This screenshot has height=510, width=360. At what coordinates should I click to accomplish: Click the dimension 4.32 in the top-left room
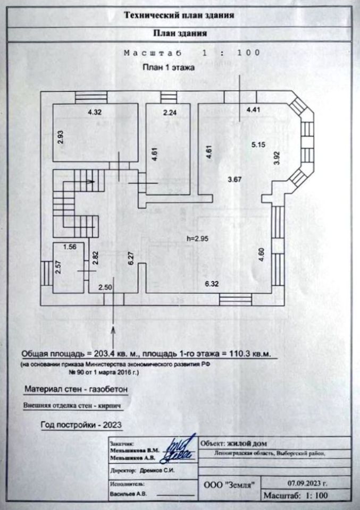click(x=94, y=113)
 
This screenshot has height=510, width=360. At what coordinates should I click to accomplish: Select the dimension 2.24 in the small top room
click(x=169, y=113)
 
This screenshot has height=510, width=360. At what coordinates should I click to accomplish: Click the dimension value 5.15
click(x=258, y=144)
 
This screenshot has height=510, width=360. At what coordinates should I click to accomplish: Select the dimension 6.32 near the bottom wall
click(x=212, y=284)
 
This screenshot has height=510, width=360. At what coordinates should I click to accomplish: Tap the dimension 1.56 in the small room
click(x=70, y=246)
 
